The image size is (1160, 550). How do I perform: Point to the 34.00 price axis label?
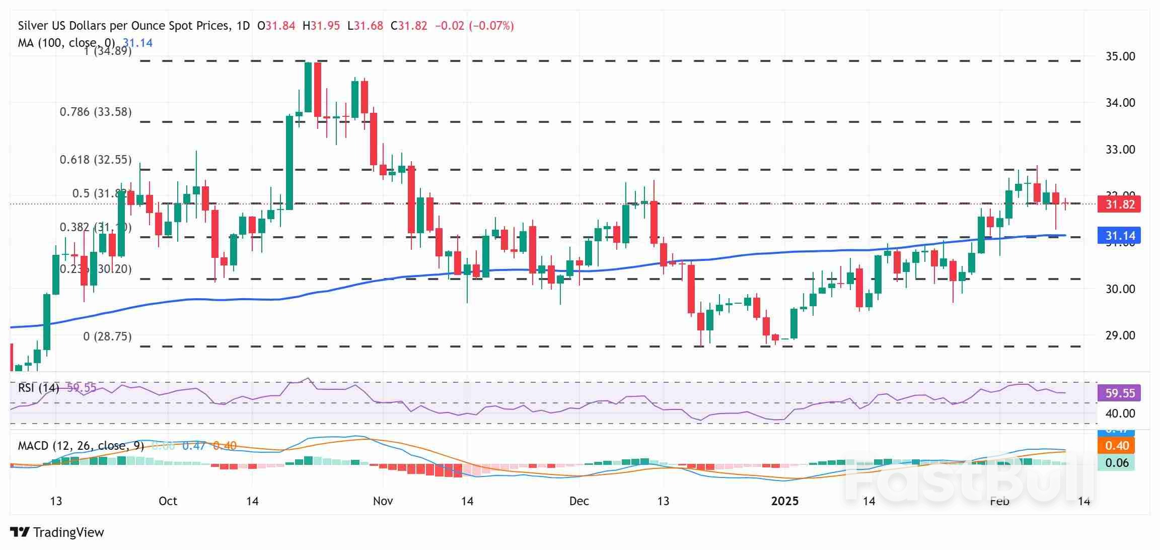[1120, 103]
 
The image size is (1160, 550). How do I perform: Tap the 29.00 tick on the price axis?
[1120, 335]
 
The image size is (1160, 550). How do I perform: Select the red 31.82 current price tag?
[1120, 204]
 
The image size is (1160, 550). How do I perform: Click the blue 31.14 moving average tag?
[1120, 236]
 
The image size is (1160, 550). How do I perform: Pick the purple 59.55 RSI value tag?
[1120, 393]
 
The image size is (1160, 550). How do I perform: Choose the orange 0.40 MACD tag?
[1116, 446]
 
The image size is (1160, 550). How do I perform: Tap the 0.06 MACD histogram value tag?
[1116, 463]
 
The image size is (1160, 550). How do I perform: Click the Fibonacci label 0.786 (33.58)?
[96, 112]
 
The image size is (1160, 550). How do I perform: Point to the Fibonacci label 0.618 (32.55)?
[96, 160]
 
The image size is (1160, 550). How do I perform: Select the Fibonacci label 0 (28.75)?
[107, 336]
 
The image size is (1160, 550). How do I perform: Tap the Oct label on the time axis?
[168, 501]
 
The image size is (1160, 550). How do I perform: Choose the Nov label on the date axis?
[383, 501]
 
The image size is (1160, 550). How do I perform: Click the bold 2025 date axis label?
[785, 501]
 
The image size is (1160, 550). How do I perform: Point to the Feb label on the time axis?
[999, 501]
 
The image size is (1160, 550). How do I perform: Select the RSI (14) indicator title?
[38, 388]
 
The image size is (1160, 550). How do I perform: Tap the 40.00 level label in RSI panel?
[1120, 414]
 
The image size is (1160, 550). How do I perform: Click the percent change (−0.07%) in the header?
[491, 26]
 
